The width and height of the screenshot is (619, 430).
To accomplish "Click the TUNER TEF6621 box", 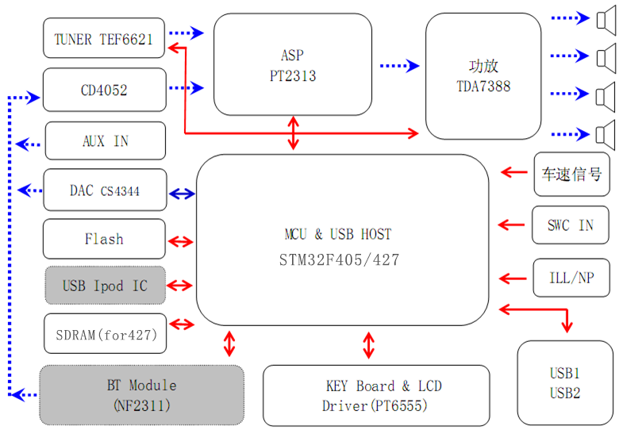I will coord(103,38).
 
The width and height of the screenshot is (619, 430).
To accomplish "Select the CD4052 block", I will coord(104,90).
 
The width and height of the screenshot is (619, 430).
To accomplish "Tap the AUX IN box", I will coord(106,141).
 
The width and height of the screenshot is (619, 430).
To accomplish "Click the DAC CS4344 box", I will coord(105,190).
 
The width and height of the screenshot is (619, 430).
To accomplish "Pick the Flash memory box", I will coord(104,239).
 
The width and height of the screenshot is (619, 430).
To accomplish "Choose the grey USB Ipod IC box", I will coord(104,285).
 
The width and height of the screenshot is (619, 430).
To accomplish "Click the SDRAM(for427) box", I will coord(105,334).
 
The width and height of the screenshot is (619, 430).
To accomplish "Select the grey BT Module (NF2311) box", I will coord(141,394).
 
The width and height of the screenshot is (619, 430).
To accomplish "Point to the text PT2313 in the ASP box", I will coord(292,76).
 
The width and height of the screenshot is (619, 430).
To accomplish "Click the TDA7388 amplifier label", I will coord(483,86).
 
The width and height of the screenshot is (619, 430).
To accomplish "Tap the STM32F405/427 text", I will coord(339,259).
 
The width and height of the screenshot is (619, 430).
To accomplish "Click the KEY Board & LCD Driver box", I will coord(375,395).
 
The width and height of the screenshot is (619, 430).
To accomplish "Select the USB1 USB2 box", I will coord(564,382).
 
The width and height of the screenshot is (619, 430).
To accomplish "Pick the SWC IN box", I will coord(570,225).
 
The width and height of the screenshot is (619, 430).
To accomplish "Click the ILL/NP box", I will coord(570,278).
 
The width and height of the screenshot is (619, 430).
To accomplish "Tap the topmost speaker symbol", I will coord(606,17).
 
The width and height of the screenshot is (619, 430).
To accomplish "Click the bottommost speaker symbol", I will coord(606,132).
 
